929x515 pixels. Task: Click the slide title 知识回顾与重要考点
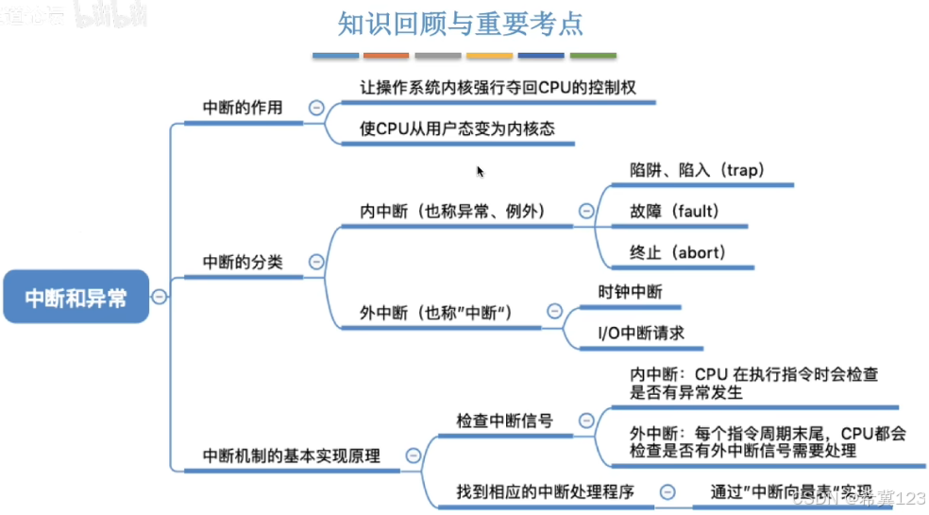pos(460,23)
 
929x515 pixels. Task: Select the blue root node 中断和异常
pos(76,297)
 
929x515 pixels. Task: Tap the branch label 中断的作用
pos(243,108)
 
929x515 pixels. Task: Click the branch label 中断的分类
pos(243,262)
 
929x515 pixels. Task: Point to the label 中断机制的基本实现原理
pos(292,455)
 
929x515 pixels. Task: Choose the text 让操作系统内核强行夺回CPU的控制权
pos(498,87)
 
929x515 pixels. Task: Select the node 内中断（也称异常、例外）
pos(453,210)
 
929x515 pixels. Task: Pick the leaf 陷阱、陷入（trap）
pos(697,170)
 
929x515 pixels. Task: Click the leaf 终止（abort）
pos(677,252)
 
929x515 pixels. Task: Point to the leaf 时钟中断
pos(631,292)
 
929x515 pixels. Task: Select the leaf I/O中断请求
pos(641,333)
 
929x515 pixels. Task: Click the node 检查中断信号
pos(504,421)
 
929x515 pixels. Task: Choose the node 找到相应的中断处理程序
pos(545,491)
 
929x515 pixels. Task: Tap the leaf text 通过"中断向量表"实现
pos(790,491)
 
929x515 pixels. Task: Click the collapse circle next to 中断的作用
pos(316,108)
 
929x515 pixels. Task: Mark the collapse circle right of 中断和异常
pos(160,297)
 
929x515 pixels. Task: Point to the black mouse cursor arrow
pos(480,171)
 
